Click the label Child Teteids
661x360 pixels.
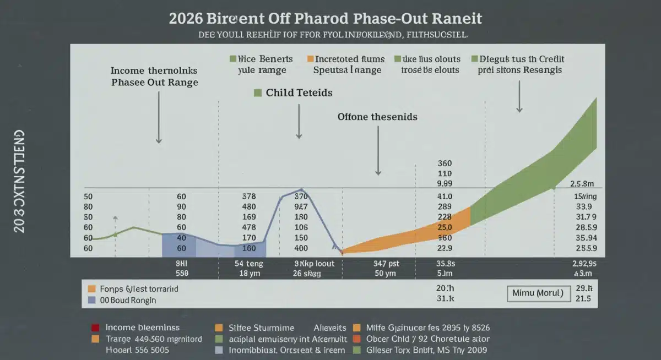point(299,92)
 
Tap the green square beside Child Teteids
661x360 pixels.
point(257,92)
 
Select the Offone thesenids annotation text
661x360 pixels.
point(377,117)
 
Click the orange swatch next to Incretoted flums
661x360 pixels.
point(310,58)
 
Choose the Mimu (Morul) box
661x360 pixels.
point(538,293)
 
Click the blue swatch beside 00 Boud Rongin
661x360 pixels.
point(92,301)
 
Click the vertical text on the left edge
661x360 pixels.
point(19,182)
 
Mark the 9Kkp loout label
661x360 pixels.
point(314,264)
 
